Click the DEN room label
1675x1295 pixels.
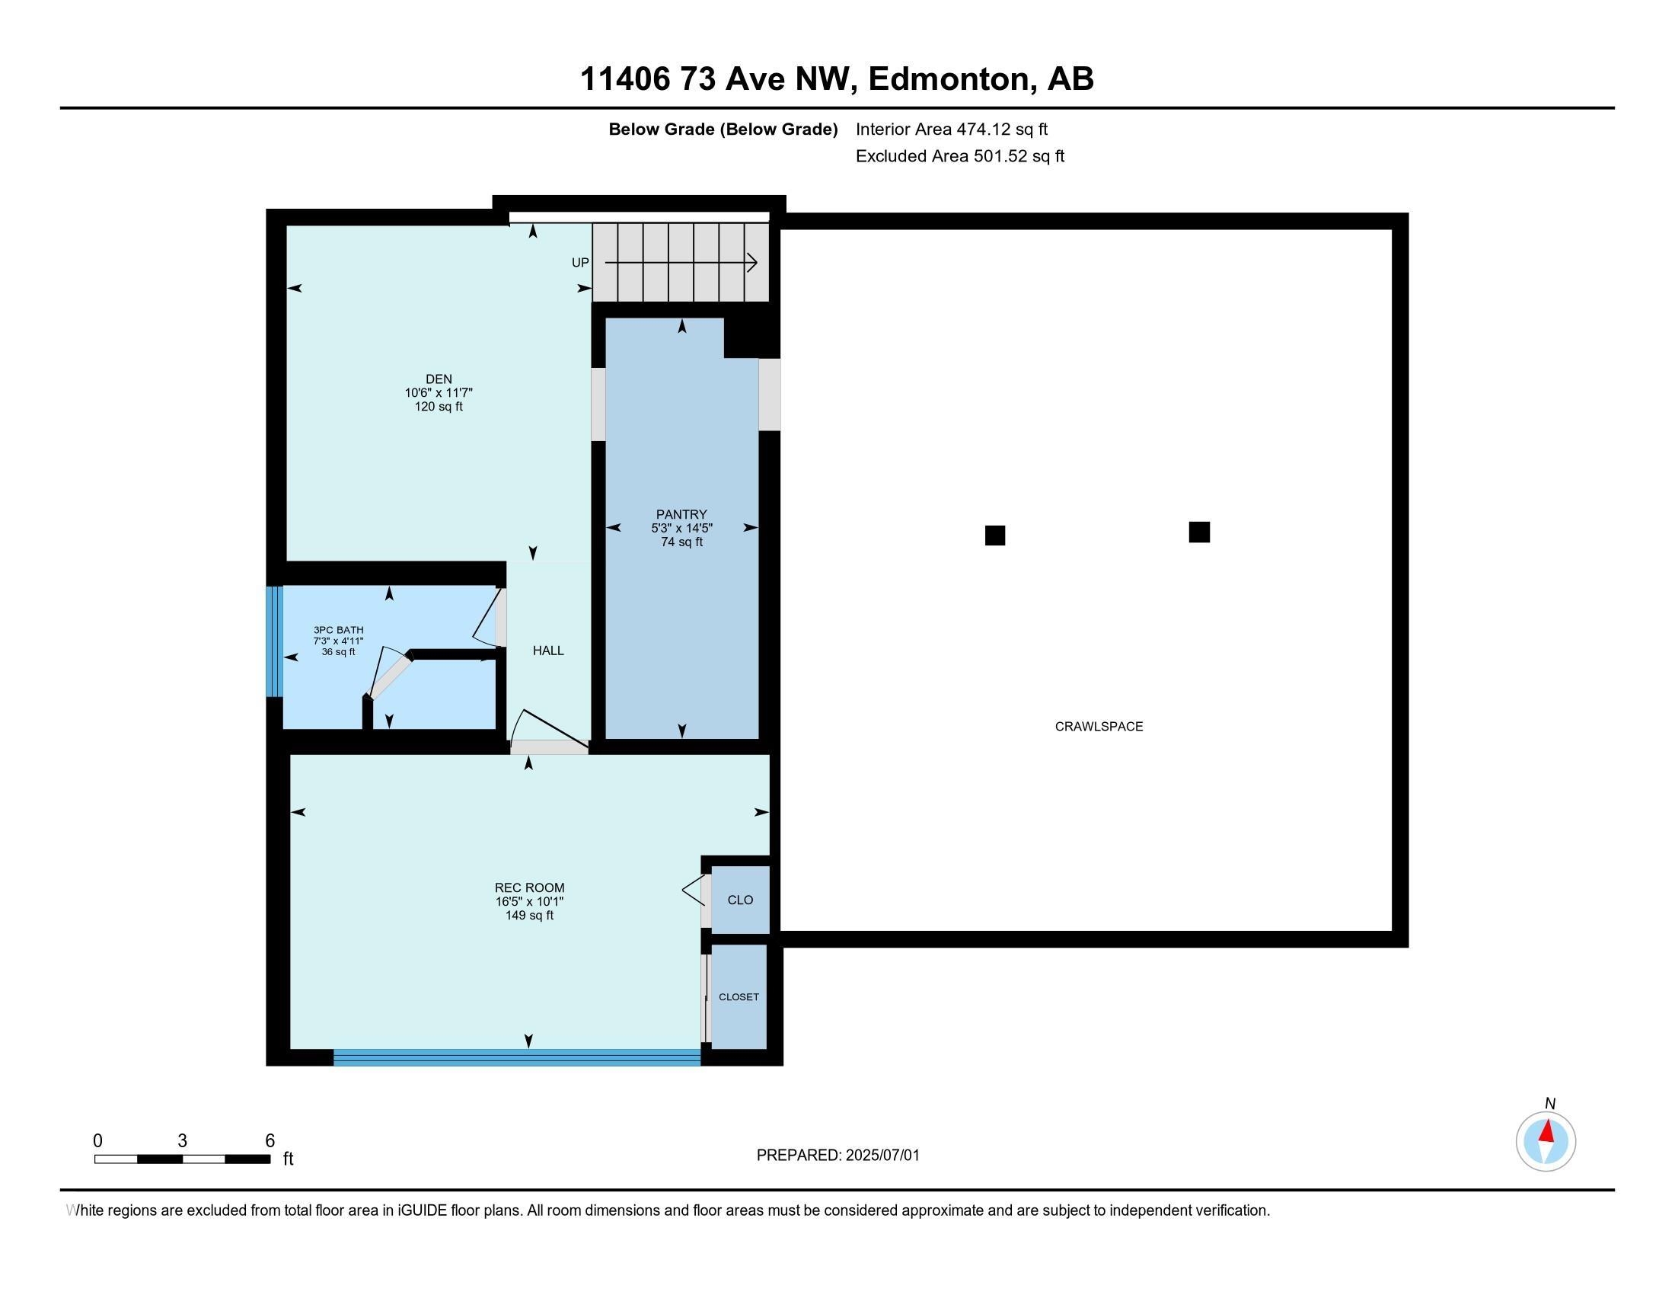tap(439, 379)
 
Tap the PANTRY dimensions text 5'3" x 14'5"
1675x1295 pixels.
tap(682, 529)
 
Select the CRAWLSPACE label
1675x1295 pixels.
tap(1099, 727)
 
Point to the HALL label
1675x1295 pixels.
tap(548, 651)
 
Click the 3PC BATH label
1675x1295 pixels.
tap(338, 630)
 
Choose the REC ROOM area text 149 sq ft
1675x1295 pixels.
tap(529, 915)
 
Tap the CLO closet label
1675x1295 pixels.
tap(740, 900)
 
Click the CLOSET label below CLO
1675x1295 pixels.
tap(739, 996)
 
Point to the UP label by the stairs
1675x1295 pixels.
tap(580, 262)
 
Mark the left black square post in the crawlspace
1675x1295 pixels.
tap(995, 536)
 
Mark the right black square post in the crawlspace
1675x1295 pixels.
tap(1199, 532)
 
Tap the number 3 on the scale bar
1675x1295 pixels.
tap(183, 1141)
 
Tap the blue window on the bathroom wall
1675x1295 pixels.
tap(275, 641)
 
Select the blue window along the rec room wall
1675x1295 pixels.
tap(517, 1057)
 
